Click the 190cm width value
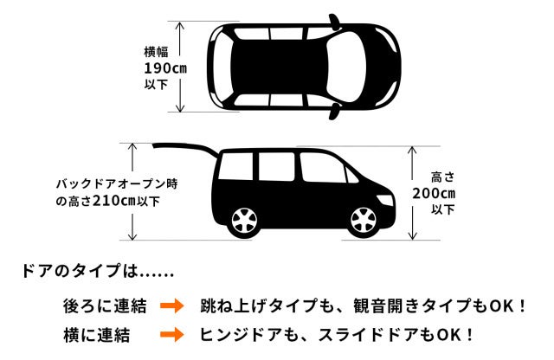(165, 68)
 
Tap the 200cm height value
(434, 193)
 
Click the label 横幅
(156, 52)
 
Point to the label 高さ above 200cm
(442, 177)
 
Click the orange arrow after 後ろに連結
(172, 306)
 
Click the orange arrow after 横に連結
(172, 335)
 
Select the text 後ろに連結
(105, 306)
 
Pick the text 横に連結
(96, 335)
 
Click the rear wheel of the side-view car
(244, 221)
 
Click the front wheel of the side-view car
(364, 221)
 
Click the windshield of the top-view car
(346, 67)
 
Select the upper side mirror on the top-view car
(335, 21)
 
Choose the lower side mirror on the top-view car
(335, 112)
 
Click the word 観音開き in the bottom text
(387, 306)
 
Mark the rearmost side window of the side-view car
(236, 166)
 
